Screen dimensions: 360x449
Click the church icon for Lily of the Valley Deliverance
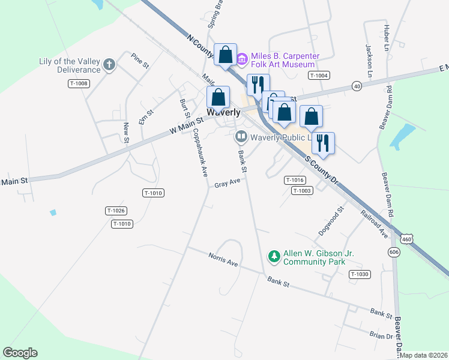point(109,65)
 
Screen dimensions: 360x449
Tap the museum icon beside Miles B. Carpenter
point(242,59)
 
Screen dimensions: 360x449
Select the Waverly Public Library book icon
point(241,137)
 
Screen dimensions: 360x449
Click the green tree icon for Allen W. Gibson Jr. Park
point(274,257)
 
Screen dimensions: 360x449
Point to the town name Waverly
point(223,112)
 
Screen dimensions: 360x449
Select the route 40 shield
point(357,86)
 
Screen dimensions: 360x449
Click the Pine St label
point(139,60)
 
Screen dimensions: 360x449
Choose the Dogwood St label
point(330,221)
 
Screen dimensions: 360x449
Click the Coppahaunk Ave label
point(199,154)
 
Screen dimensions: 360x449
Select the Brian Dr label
point(381,336)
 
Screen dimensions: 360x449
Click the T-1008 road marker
point(79,83)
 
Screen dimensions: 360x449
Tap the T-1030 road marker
point(360,274)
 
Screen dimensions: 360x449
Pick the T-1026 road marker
point(116,211)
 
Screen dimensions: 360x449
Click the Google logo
point(20,353)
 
